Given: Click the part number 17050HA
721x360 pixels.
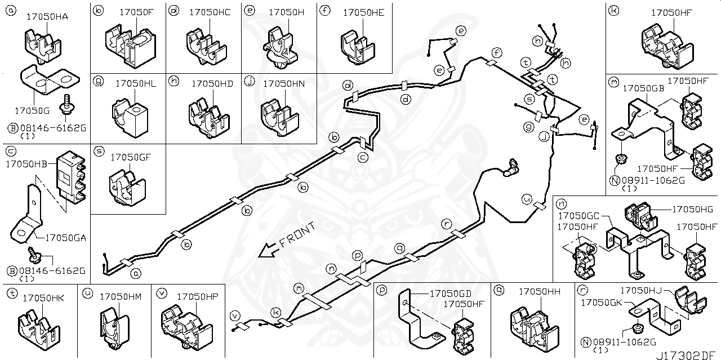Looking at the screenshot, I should point(47,17).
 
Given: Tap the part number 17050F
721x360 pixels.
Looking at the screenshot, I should point(135,12).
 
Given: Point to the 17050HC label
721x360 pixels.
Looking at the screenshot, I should point(210,12).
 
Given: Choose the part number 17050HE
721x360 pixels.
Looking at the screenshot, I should point(363,12).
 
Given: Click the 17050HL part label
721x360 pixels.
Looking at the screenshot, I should point(135,83).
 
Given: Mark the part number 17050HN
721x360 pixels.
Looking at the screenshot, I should point(284,83).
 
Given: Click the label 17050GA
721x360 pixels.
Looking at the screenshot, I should point(65,238).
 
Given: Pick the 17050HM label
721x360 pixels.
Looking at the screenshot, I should point(121,296).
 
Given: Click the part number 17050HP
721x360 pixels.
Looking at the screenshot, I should point(197,296).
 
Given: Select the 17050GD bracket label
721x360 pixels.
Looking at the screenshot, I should point(450,294).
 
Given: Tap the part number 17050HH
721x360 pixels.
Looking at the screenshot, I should point(539,291).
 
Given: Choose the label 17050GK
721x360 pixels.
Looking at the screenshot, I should point(602,303).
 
